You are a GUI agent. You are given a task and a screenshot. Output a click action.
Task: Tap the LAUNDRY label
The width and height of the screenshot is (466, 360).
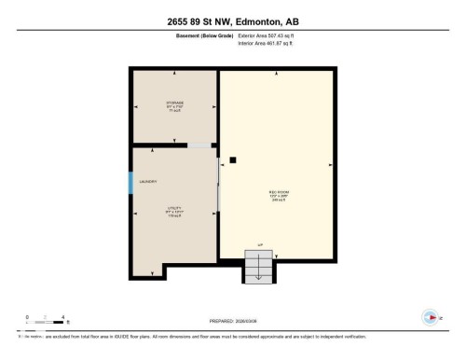pyautogui.click(x=148, y=182)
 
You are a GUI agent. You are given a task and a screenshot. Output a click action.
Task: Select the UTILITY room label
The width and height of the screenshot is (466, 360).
pyautogui.click(x=173, y=210)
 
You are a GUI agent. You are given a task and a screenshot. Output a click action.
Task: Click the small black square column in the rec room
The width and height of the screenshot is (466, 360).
pyautogui.click(x=232, y=160)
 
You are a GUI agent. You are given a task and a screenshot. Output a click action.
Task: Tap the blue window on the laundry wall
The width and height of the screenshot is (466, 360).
pyautogui.click(x=131, y=182)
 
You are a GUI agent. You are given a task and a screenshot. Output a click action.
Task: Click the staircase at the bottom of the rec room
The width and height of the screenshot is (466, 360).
pyautogui.click(x=257, y=266)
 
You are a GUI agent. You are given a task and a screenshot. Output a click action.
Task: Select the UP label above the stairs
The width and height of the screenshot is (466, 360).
pyautogui.click(x=260, y=244)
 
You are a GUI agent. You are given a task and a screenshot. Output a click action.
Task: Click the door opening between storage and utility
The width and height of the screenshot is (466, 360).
pyautogui.click(x=199, y=145)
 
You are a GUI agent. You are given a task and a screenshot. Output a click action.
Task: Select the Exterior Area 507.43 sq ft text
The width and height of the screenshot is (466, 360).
pyautogui.click(x=271, y=35)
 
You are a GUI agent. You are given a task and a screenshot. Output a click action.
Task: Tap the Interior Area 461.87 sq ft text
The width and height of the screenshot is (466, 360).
pyautogui.click(x=270, y=42)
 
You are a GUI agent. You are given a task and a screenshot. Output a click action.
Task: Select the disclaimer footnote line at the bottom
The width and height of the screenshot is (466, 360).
pyautogui.click(x=186, y=336)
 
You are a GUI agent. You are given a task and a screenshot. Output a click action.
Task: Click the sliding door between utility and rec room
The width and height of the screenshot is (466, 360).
pyautogui.click(x=219, y=187)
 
